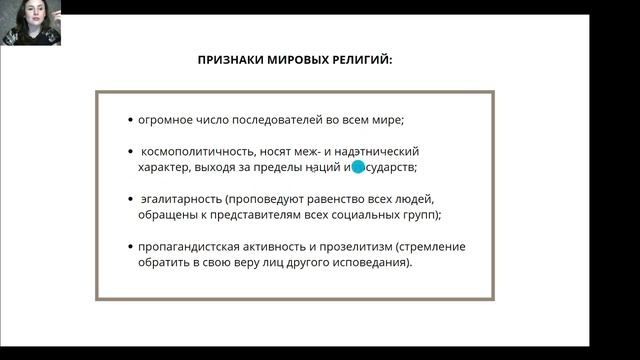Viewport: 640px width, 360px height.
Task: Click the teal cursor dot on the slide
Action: tap(358, 167)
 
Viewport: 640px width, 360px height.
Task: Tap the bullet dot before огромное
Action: tap(131, 121)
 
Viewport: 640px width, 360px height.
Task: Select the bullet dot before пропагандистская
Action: tap(131, 246)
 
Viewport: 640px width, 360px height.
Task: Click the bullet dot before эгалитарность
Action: tap(131, 198)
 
